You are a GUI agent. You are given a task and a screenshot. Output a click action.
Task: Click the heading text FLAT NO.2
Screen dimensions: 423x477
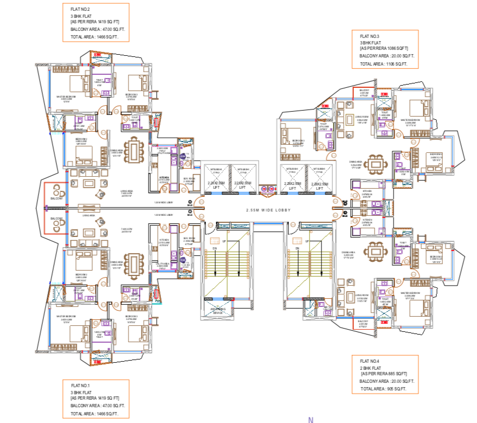pos(80,9)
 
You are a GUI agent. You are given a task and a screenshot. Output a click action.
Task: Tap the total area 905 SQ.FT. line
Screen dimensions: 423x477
pos(383,389)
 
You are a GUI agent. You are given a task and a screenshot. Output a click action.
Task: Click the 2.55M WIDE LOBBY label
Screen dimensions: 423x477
pos(269,210)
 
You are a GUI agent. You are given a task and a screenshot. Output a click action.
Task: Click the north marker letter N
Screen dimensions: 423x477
pos(311,419)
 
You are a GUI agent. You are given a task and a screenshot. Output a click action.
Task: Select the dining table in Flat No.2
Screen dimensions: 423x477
pos(133,151)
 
